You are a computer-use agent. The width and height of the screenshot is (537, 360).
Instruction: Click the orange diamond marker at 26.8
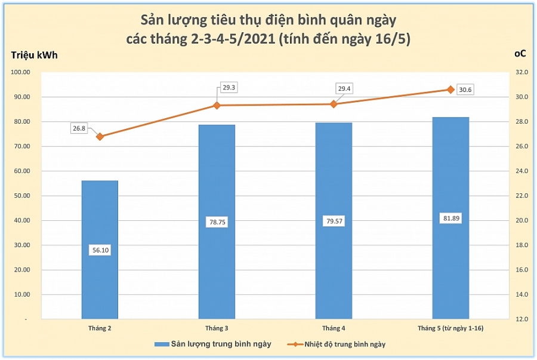(100, 137)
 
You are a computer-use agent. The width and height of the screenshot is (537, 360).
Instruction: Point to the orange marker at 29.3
(217, 106)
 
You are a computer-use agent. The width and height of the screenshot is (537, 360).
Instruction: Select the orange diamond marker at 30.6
(450, 90)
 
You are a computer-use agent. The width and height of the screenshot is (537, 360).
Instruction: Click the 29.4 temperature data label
(344, 89)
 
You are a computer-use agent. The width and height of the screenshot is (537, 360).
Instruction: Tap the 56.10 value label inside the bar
(100, 250)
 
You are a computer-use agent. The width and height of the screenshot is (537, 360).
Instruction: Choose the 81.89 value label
(450, 218)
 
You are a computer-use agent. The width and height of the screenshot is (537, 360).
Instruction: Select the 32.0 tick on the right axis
(522, 72)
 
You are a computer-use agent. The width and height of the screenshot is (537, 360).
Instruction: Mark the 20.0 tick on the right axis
(522, 220)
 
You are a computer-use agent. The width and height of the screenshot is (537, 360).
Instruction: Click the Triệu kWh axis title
(35, 56)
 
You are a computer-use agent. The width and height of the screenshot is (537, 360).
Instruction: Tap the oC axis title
(520, 54)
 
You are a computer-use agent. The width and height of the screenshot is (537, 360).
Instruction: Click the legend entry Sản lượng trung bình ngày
(212, 344)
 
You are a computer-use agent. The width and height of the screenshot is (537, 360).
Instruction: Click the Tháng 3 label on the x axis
(217, 328)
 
